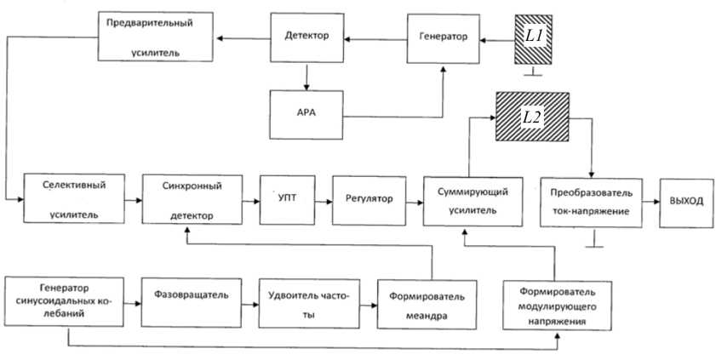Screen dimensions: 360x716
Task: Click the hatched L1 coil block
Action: click(x=531, y=40)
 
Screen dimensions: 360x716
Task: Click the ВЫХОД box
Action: click(x=686, y=201)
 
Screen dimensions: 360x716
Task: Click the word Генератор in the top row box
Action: click(x=443, y=38)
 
